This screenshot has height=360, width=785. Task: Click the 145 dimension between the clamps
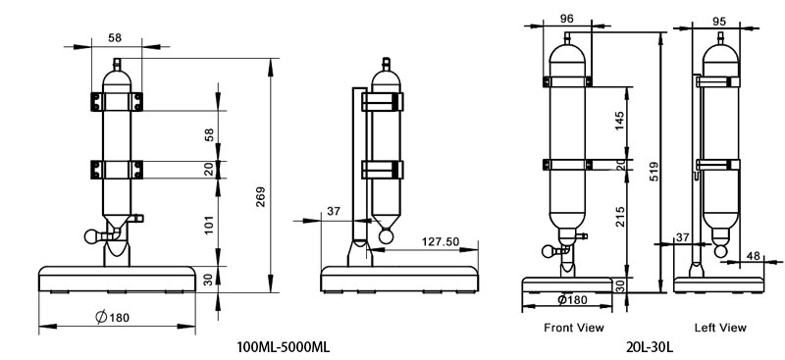(620, 122)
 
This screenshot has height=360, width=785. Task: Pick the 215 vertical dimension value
(620, 218)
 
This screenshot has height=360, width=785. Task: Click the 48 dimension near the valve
(753, 255)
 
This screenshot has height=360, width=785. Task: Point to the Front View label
(573, 327)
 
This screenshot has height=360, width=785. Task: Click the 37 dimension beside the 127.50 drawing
(334, 212)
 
